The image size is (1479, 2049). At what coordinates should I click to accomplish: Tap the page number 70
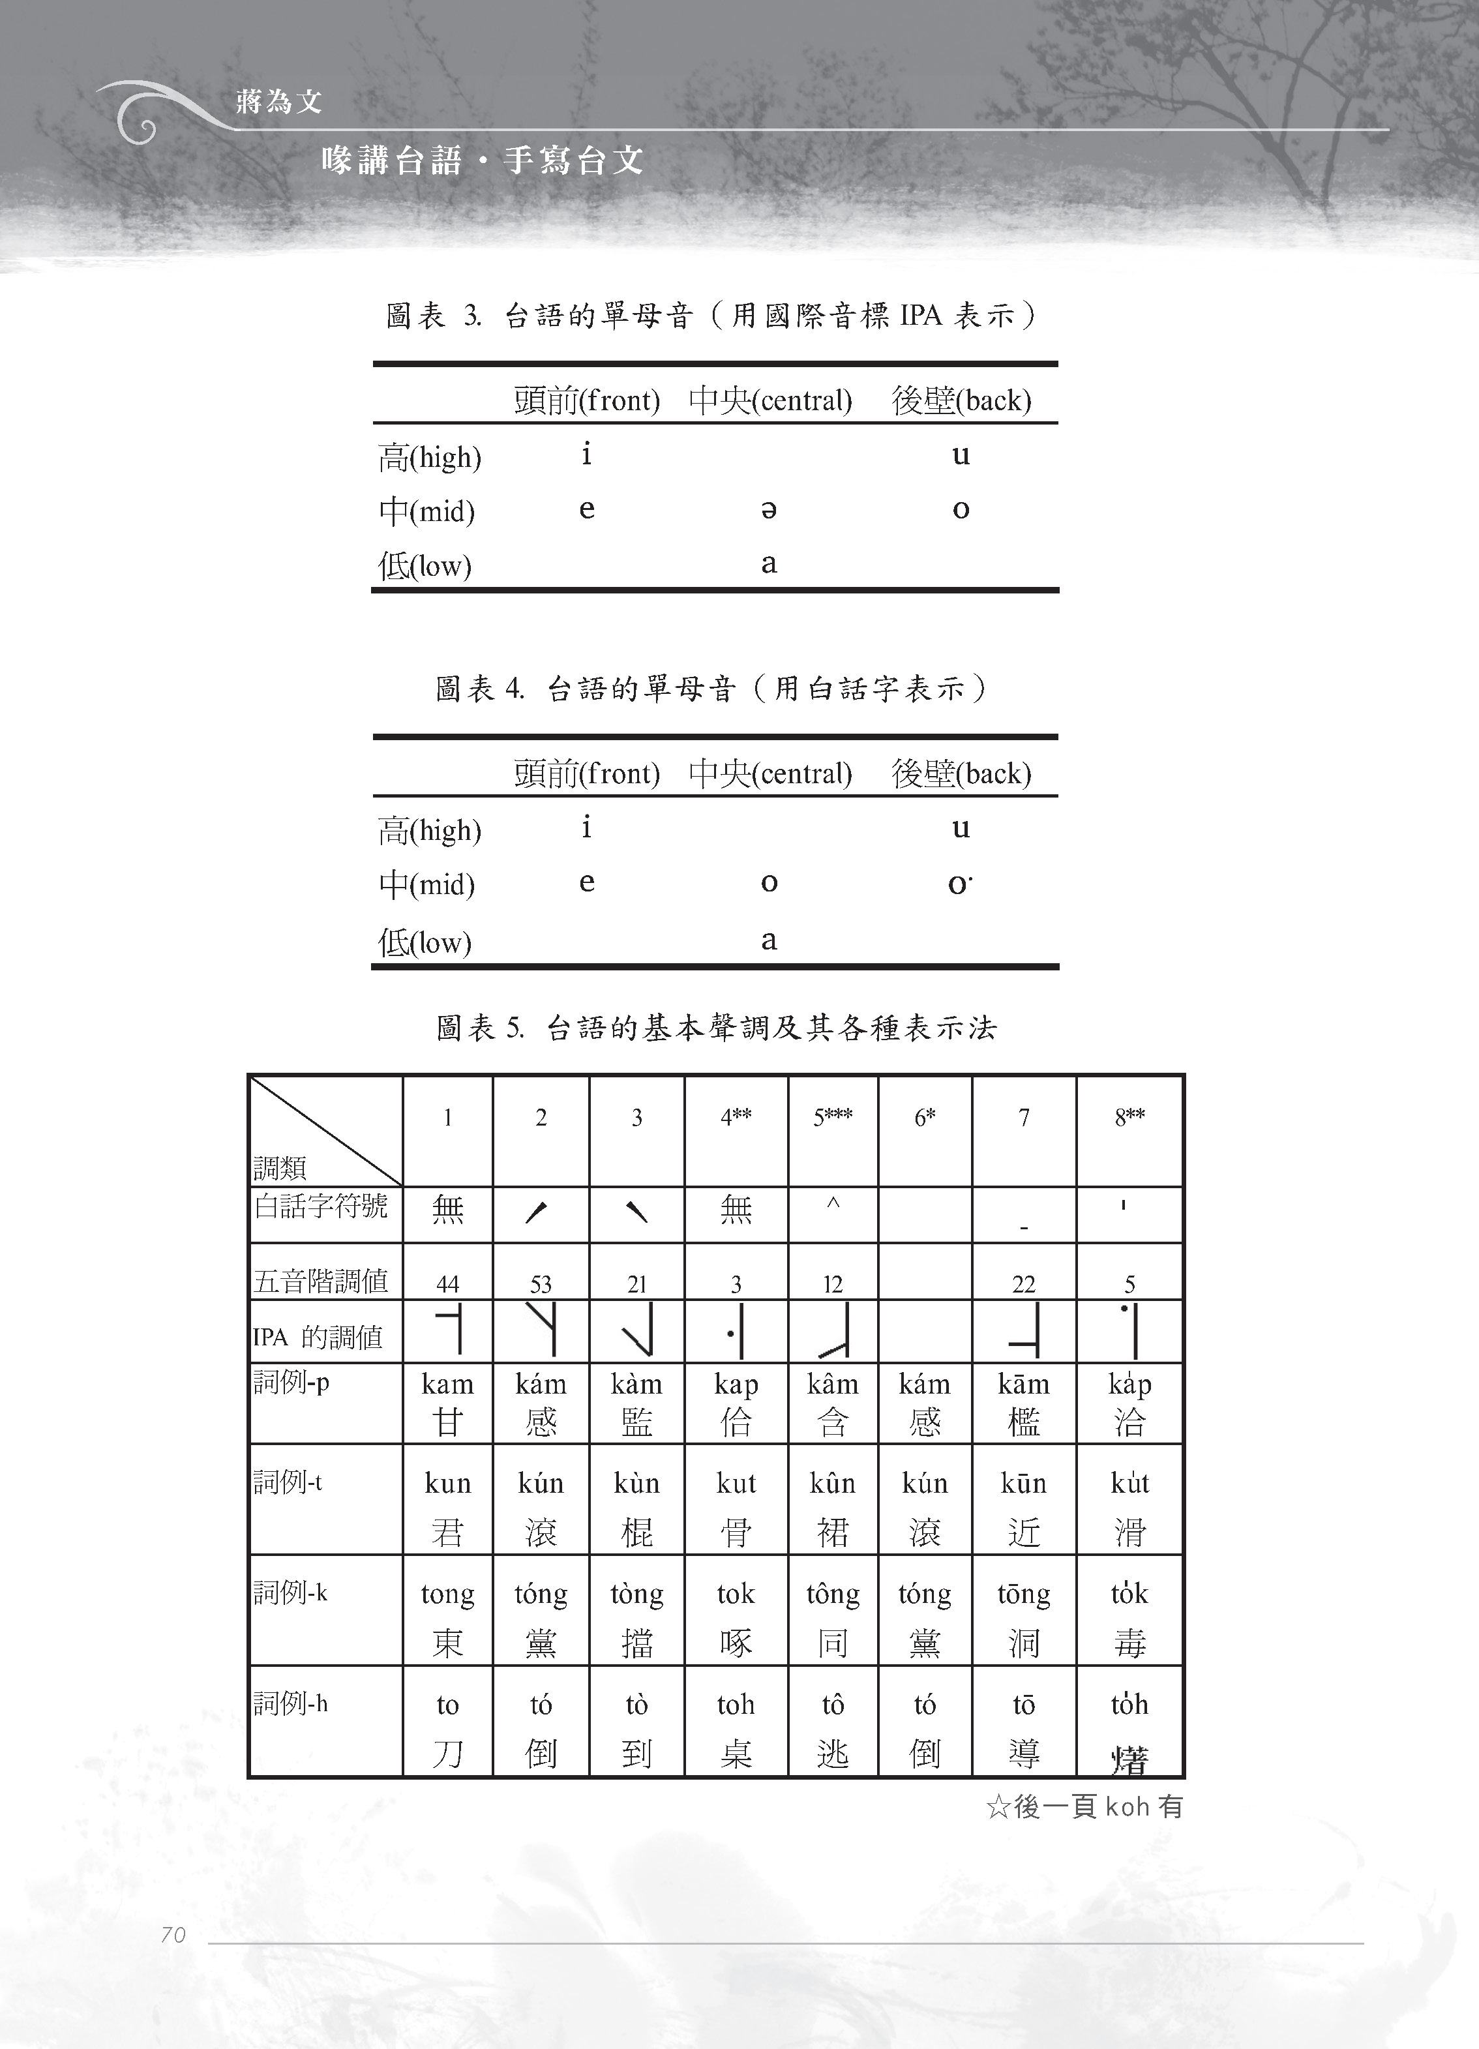pos(173,1934)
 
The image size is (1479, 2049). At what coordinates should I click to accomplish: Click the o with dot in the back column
pos(959,884)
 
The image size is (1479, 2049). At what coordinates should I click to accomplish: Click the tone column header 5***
pos(832,1118)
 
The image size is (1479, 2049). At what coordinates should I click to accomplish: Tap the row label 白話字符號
pos(321,1206)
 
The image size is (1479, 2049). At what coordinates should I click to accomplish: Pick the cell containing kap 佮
pos(736,1403)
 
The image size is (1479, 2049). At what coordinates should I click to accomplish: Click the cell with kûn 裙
pos(832,1507)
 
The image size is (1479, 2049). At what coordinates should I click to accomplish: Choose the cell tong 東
pos(447,1617)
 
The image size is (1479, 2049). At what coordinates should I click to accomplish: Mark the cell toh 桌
pos(736,1727)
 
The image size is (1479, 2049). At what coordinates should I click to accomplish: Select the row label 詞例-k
pos(290,1593)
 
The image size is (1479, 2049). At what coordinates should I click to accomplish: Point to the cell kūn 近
pos(1024,1507)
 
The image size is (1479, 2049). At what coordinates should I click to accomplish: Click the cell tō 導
pos(1024,1727)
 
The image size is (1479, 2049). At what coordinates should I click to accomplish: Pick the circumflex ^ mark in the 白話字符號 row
pos(833,1204)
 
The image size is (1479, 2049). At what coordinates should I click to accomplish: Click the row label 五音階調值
pos(321,1281)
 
